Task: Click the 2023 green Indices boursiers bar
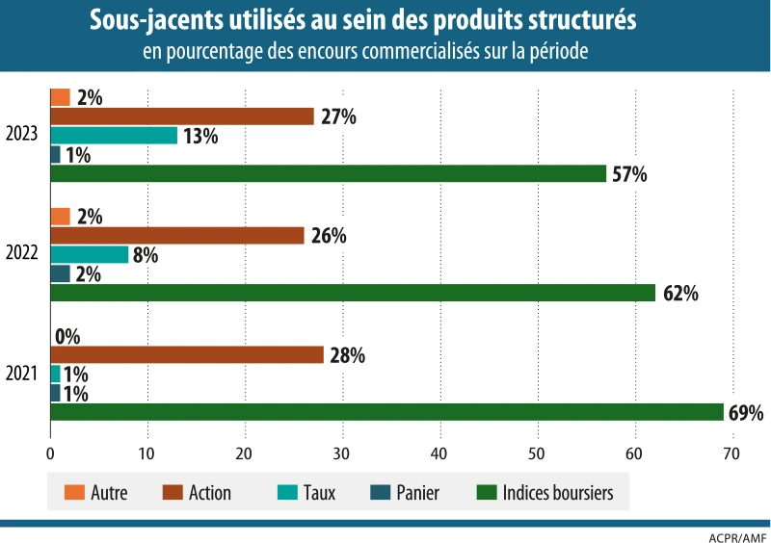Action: [x=328, y=173]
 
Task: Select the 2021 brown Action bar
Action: [x=187, y=354]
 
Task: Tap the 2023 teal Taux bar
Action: [x=114, y=136]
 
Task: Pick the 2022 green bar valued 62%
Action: [x=353, y=293]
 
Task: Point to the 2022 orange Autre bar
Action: [x=60, y=217]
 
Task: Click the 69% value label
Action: [x=746, y=413]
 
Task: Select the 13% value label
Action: [x=200, y=136]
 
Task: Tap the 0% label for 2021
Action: [x=67, y=336]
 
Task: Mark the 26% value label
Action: [x=329, y=236]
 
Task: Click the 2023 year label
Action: [x=21, y=135]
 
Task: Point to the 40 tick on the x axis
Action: [x=439, y=454]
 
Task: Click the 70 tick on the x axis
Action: [x=731, y=454]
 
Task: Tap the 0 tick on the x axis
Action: [x=50, y=454]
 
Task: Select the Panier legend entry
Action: [x=416, y=493]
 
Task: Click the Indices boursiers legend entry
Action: [x=557, y=493]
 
